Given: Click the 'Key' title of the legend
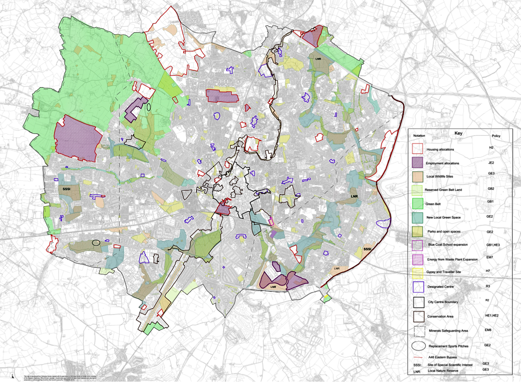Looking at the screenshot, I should pos(458,133).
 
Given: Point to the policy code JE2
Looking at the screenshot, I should pos(491,163).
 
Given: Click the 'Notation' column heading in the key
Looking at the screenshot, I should pos(419,136).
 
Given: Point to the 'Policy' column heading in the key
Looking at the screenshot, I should pos(496,136).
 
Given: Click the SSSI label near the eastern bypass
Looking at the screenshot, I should pos(367,249).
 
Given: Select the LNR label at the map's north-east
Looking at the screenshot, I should pos(318,59).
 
